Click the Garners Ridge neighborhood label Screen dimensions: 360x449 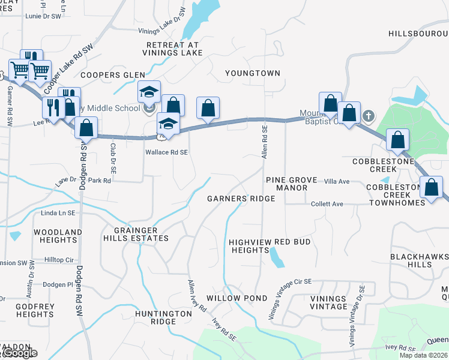click(241, 199)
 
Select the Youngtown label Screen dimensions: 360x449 click(253, 73)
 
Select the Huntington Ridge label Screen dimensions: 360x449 click(155, 317)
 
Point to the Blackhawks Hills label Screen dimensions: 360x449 click(419, 260)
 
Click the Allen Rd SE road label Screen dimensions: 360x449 click(264, 143)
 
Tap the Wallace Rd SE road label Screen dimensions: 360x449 click(167, 152)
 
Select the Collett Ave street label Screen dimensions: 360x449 click(327, 204)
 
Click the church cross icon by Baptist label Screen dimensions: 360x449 click(369, 115)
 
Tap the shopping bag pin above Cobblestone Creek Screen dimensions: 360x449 click(397, 140)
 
